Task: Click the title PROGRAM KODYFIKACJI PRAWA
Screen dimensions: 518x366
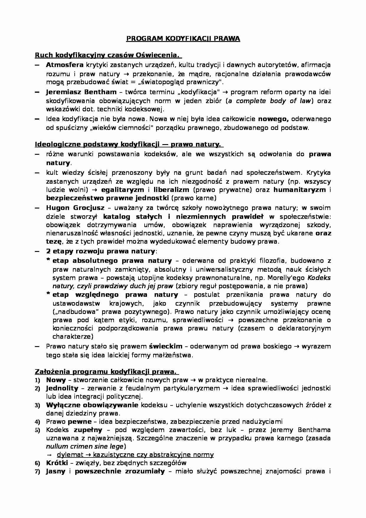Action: pos(183,39)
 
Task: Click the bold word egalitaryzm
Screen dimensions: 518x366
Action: pos(122,190)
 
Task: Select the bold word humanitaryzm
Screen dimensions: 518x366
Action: pos(300,190)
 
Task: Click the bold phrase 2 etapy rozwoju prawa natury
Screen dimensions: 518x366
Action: pos(100,251)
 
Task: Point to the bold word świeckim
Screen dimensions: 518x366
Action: pos(166,346)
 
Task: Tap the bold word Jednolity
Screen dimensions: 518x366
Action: pos(62,388)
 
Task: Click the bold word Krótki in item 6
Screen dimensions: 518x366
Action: pos(57,463)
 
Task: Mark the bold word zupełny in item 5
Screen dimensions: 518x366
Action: pos(88,430)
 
